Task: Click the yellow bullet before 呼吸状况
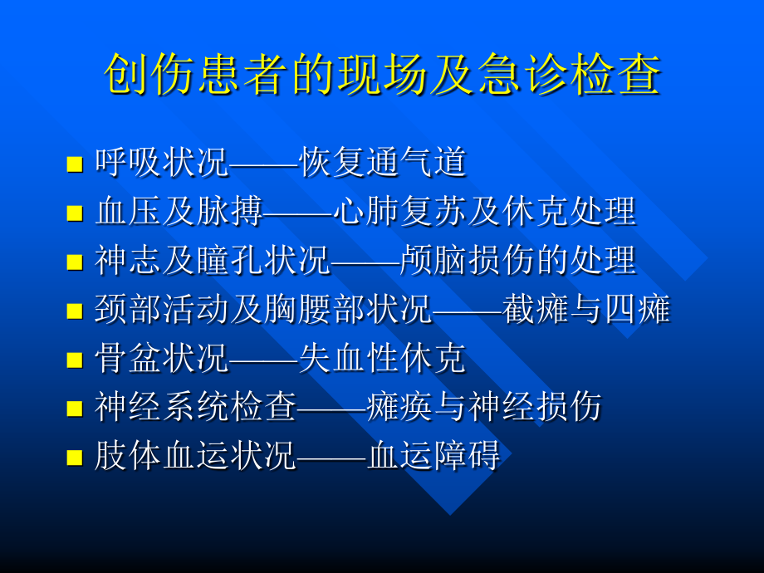tap(75, 164)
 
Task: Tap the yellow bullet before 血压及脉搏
tap(75, 213)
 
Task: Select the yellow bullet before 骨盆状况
tap(75, 360)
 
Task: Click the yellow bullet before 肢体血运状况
tap(75, 458)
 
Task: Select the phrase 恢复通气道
tap(383, 164)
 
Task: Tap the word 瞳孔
tap(227, 262)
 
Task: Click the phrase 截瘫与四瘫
tap(586, 311)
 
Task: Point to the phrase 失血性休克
tap(383, 360)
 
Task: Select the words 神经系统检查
tap(195, 409)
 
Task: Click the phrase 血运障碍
tap(433, 458)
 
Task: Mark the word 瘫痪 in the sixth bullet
tap(399, 409)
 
